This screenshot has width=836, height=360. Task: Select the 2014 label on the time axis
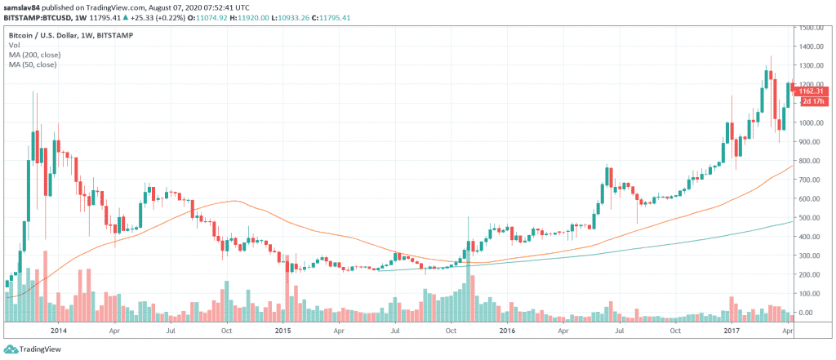pyautogui.click(x=58, y=331)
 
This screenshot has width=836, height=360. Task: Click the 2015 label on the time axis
pyautogui.click(x=282, y=331)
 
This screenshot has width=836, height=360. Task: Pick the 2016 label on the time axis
pyautogui.click(x=507, y=331)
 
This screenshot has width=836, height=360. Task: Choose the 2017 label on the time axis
pyautogui.click(x=731, y=331)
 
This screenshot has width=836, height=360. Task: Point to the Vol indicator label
pyautogui.click(x=14, y=46)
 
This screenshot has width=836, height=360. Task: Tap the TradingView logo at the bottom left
pyautogui.click(x=35, y=349)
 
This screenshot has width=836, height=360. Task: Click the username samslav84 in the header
pyautogui.click(x=24, y=6)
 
